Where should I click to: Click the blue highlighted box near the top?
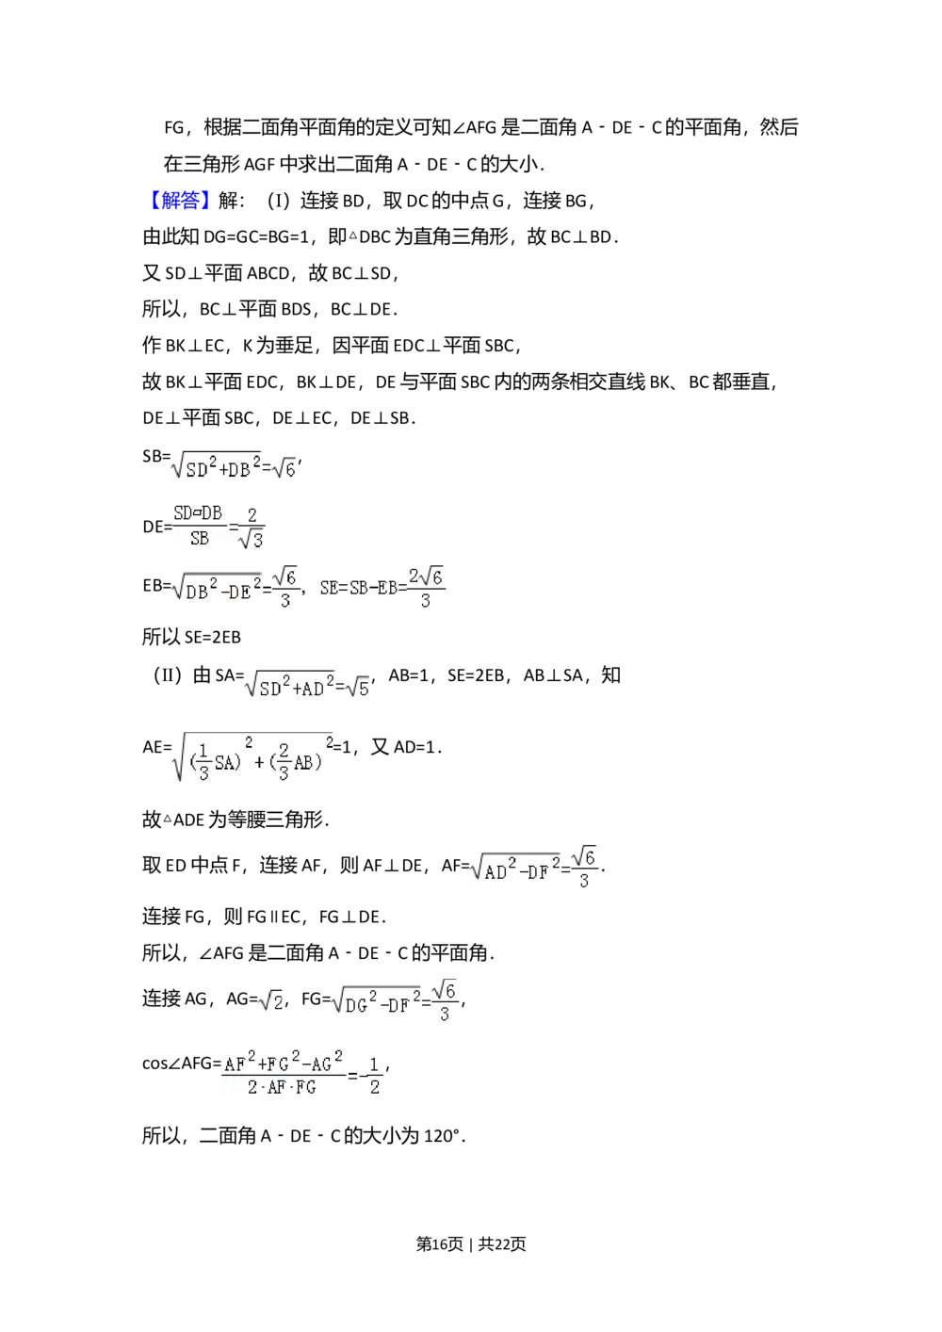180,200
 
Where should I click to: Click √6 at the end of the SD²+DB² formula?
284,467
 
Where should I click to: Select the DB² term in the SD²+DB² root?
244,468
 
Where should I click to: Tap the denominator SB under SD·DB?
200,540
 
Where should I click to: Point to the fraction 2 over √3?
251,528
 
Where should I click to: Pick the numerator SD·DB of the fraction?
198,513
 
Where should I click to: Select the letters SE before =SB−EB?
329,588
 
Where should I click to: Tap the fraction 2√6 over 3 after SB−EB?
426,588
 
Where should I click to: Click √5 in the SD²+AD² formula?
359,688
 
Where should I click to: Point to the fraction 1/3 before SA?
204,762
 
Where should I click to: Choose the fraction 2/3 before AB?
284,762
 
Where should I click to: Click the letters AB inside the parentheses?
303,763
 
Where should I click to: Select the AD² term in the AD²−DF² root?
499,870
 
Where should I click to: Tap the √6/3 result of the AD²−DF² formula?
585,869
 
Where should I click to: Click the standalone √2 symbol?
271,1000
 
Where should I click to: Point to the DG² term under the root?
361,1003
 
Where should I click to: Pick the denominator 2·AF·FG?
282,1088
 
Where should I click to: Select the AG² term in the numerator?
326,1063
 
